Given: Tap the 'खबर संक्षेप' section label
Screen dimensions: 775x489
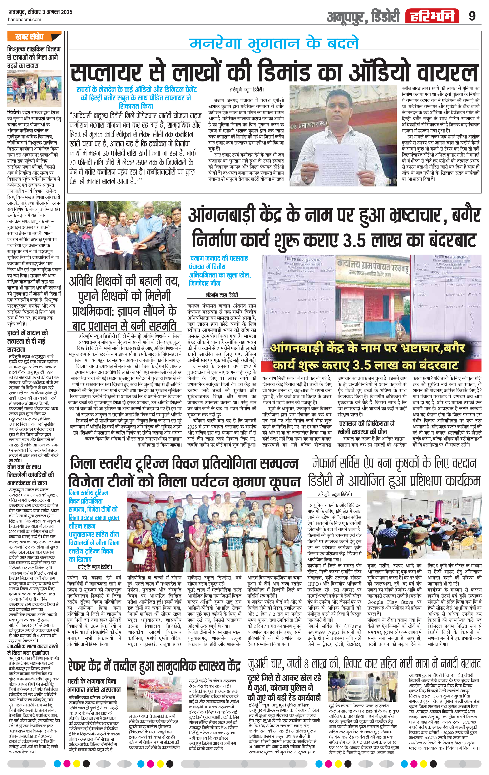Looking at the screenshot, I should pyautogui.click(x=29, y=37).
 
